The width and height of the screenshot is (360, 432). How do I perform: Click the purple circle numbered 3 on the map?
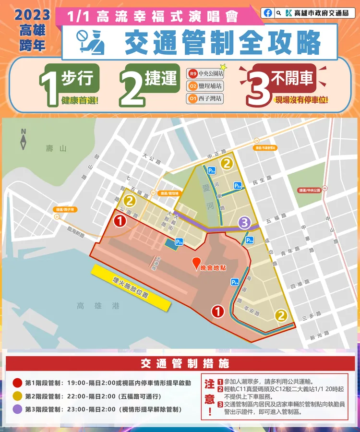pyautogui.click(x=245, y=223)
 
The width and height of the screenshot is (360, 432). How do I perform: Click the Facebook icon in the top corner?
pyautogui.click(x=268, y=13)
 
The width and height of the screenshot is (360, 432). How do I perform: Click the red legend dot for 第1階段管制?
pyautogui.click(x=18, y=383)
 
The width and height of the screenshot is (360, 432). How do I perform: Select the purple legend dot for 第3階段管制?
pyautogui.click(x=18, y=409)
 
